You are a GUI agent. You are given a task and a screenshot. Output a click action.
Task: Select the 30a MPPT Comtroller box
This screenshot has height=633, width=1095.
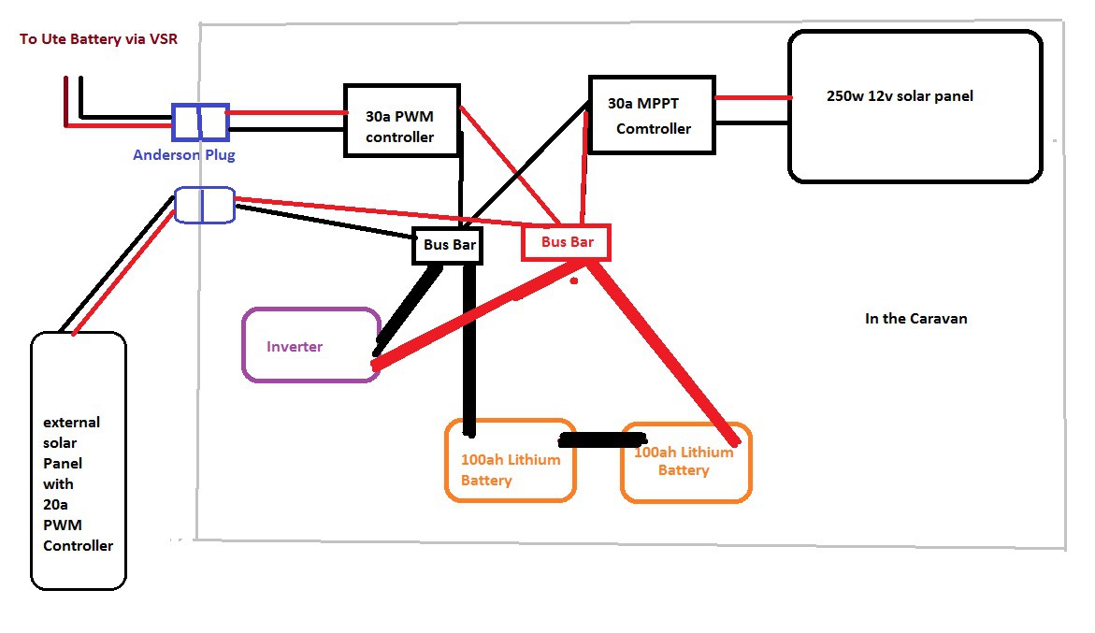[x=651, y=114]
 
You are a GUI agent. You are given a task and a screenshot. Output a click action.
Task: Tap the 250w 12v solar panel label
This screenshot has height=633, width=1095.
[x=900, y=96]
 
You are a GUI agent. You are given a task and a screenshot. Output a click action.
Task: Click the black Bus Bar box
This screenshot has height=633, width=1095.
[x=446, y=246]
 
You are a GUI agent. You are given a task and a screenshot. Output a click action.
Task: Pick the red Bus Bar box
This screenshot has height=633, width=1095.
[x=566, y=242]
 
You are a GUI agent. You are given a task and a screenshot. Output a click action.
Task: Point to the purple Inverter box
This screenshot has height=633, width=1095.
[x=310, y=345]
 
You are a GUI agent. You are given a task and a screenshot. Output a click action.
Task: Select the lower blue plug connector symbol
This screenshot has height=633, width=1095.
[x=205, y=205]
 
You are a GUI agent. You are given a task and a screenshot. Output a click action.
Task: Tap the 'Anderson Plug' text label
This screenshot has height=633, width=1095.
[x=183, y=155]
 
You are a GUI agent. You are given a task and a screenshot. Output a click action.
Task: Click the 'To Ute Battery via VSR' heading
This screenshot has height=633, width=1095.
[x=98, y=39]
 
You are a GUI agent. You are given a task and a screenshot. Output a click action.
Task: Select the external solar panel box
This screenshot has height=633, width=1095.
[x=79, y=460]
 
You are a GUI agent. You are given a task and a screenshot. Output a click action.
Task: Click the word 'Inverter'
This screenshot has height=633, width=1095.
[x=295, y=347]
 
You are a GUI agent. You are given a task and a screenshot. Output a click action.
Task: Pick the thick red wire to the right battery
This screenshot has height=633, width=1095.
[x=668, y=351]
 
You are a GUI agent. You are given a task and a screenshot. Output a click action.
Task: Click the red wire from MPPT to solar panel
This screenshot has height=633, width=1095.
[x=753, y=96]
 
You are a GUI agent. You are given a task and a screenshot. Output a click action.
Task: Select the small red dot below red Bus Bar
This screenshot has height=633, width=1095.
[x=574, y=281]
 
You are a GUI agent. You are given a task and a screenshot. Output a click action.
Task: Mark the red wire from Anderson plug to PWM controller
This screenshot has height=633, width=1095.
[x=286, y=113]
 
